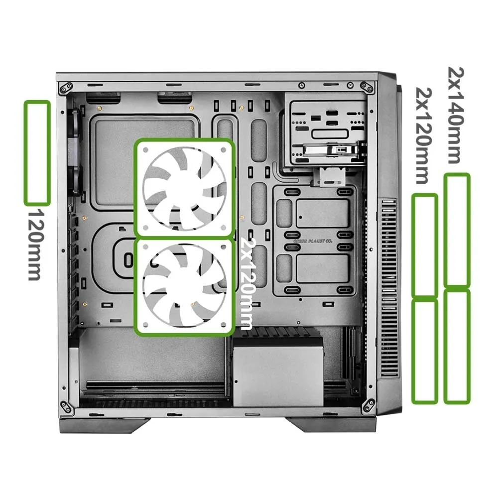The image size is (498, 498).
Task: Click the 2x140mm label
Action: [x=456, y=115]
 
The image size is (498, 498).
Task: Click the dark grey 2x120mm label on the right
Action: [x=424, y=135]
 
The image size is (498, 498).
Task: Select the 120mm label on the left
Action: [x=34, y=244]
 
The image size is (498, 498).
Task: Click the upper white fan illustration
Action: [x=185, y=188]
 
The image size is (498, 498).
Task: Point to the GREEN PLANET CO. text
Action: [x=313, y=241]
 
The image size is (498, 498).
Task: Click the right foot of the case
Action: [x=332, y=425]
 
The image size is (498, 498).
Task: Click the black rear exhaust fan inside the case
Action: [x=75, y=151]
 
